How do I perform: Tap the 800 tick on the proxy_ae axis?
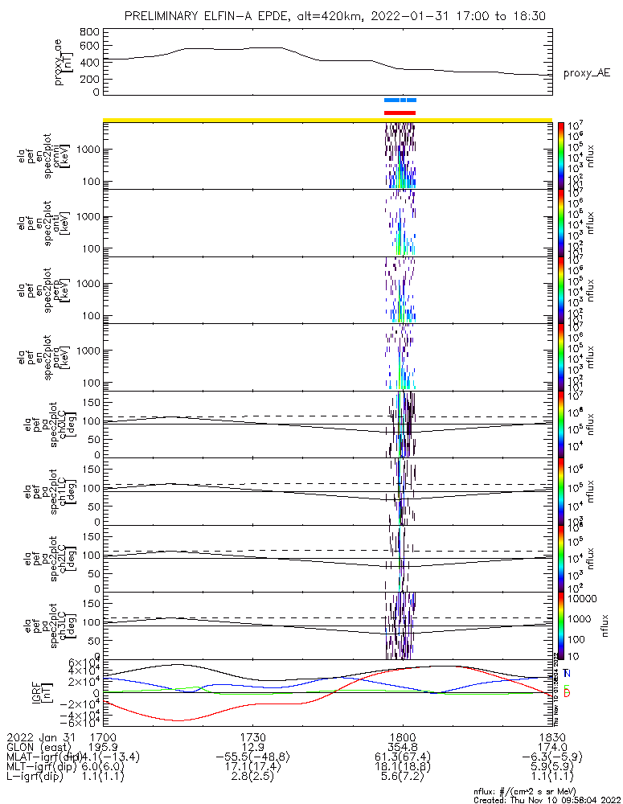coord(90,32)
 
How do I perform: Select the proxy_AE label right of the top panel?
coord(586,72)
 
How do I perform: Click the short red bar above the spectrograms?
coord(400,113)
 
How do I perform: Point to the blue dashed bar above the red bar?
coord(400,100)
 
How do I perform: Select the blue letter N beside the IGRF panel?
coord(567,673)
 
